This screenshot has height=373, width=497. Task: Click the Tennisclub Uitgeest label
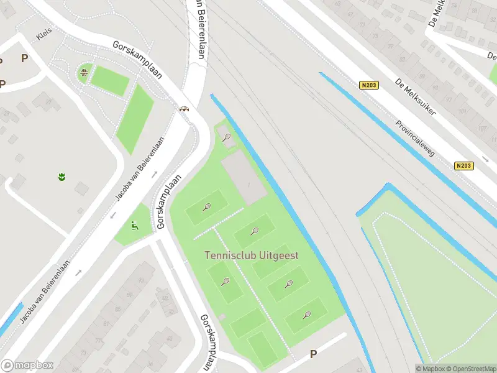(252, 256)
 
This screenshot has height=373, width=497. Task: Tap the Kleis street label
(44, 35)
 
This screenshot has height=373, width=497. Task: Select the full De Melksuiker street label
(416, 96)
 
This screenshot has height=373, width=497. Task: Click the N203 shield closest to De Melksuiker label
(368, 86)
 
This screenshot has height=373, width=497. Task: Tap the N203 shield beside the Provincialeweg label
(463, 165)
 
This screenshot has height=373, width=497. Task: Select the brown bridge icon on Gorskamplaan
(184, 109)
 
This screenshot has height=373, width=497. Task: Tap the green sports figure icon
(134, 226)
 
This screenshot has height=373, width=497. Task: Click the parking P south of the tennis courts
(314, 354)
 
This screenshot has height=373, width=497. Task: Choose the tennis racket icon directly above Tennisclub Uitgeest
(254, 232)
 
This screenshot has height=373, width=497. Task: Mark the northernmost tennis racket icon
(226, 137)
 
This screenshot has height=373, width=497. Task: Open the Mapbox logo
(27, 366)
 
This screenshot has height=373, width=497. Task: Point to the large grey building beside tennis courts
(245, 179)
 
